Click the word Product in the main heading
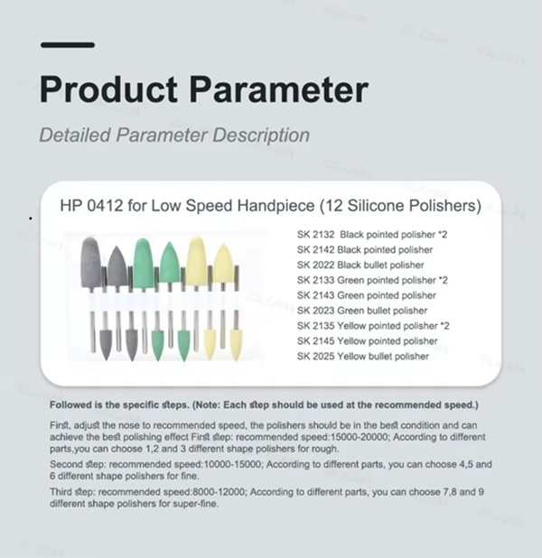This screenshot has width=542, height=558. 108,89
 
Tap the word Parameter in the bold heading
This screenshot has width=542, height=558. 279,89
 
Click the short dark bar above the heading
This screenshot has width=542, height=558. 68,45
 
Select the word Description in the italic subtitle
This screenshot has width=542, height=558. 261,135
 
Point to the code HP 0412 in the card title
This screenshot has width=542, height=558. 91,205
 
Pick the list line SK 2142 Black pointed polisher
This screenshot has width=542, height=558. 365,250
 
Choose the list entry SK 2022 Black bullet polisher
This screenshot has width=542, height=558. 360,265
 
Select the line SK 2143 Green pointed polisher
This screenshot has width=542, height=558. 367,295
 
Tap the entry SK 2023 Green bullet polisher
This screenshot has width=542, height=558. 362,311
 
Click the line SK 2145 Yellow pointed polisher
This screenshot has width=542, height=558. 368,341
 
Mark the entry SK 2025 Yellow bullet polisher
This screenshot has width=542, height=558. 363,357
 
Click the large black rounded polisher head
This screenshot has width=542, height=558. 90,263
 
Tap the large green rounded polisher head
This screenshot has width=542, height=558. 144,263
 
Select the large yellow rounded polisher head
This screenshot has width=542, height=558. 197,262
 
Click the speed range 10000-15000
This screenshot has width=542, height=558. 233,464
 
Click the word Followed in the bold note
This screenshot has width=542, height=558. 70,405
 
